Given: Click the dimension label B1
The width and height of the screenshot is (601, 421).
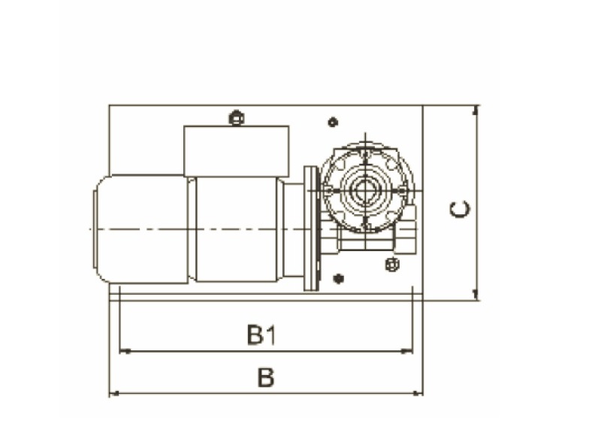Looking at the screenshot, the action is (261, 335).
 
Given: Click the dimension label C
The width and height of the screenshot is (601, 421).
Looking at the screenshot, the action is (460, 209).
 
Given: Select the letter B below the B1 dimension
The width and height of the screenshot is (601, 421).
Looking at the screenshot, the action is (266, 377).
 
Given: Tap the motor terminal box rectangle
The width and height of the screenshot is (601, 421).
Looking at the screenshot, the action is (236, 151).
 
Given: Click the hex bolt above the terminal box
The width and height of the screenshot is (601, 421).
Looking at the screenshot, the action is (236, 118).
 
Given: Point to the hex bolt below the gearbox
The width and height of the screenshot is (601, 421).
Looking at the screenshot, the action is (391, 264).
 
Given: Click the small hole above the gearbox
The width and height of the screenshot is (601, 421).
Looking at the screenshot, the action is (333, 123).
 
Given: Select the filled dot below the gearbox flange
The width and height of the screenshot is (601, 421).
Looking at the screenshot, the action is (339, 279).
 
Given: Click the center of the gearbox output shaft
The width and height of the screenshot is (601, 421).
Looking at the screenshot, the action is (365, 189).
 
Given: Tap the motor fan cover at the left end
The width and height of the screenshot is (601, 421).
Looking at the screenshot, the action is (142, 229).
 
